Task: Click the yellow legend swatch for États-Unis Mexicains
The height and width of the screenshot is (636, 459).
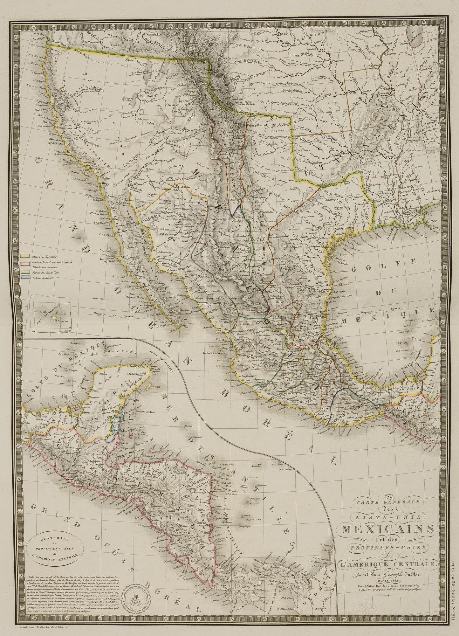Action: click(x=25, y=256)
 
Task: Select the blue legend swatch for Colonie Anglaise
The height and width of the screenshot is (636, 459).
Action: click(x=25, y=278)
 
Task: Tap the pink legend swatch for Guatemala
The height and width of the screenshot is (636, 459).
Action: click(x=25, y=263)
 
